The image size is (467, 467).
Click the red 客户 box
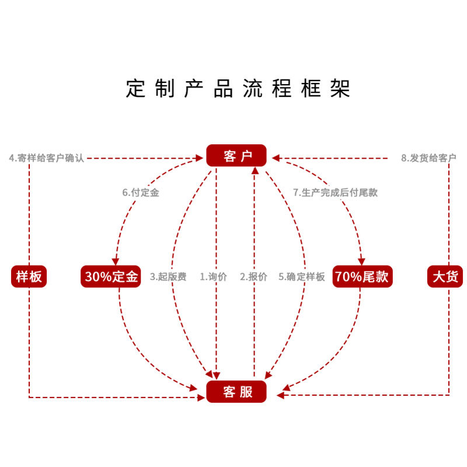236,156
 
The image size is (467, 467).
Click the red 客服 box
236,391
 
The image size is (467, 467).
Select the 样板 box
29,276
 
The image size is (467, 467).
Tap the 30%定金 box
111,276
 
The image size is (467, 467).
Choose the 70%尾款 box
363,276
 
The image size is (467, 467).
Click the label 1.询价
214,277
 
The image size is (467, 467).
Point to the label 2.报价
253,277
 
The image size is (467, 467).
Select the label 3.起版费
168,277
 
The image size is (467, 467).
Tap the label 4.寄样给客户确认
47,158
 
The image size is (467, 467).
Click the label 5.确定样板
301,277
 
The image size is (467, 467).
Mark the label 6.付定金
141,192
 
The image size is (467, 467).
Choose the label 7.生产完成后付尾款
335,192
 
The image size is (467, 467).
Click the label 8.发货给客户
428,158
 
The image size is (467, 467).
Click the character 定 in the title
135,89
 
